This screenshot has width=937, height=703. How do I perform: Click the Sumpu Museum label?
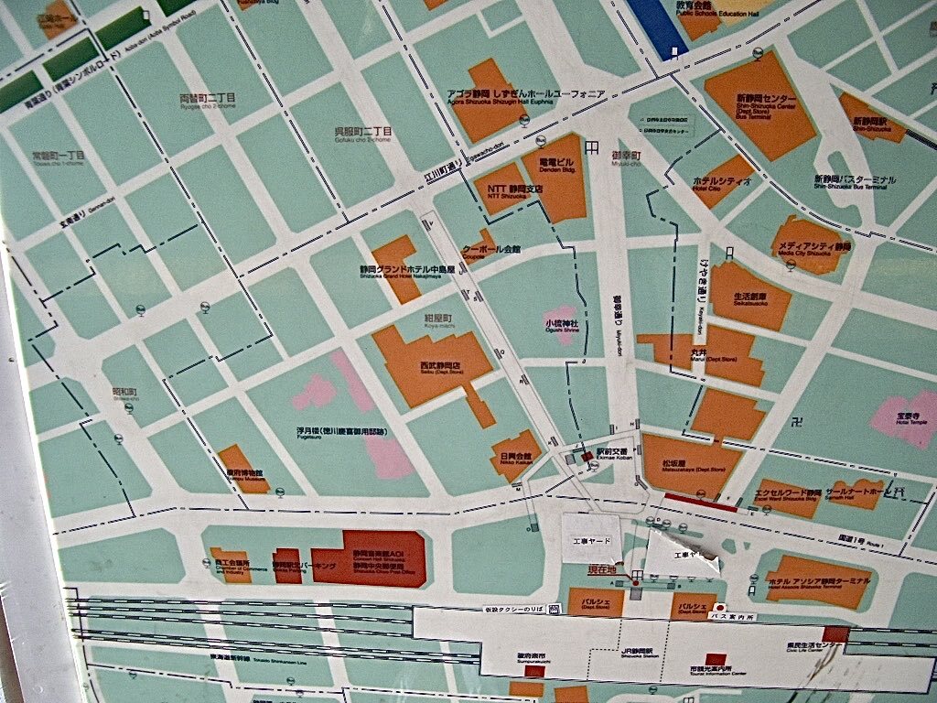240,475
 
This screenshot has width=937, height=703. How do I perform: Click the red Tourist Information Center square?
716,660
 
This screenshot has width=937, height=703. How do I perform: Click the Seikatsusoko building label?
750,298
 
